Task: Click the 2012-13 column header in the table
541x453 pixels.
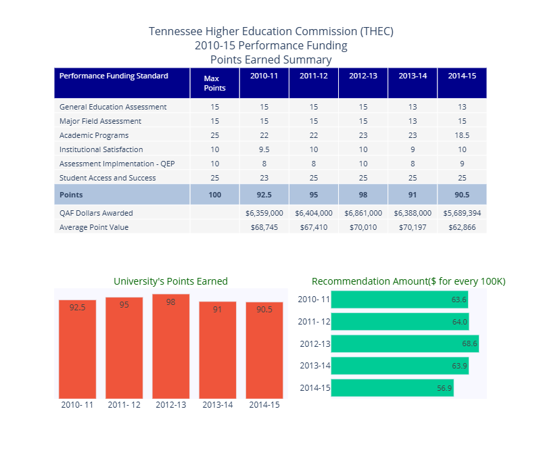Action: tap(363, 76)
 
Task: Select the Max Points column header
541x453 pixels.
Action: tap(214, 83)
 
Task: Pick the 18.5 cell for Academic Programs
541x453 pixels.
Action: tap(462, 135)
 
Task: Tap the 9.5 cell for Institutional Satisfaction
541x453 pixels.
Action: tap(264, 149)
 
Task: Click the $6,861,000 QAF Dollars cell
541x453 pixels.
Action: tap(363, 213)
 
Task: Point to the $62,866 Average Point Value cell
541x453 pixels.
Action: tap(462, 227)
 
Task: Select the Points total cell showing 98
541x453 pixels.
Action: tap(363, 195)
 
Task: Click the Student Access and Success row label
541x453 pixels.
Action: tap(108, 178)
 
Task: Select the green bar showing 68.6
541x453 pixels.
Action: tap(404, 343)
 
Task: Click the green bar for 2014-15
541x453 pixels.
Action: tap(392, 388)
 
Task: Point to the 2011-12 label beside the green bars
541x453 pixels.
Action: tap(314, 322)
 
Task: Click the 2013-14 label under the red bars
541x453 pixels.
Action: tap(217, 405)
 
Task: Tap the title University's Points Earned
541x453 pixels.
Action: tap(170, 281)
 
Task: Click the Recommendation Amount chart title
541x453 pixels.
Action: tap(408, 281)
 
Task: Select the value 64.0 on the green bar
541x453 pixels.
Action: tap(459, 322)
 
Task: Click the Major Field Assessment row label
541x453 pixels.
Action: tap(100, 121)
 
